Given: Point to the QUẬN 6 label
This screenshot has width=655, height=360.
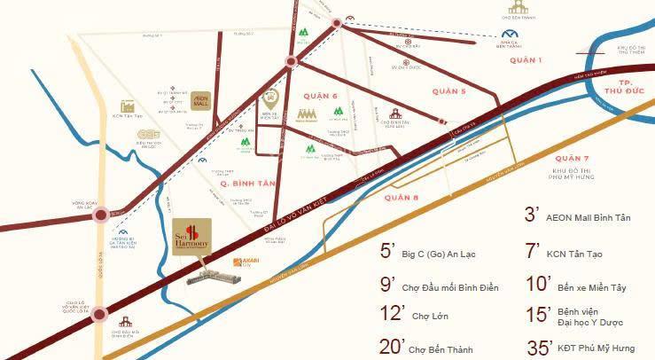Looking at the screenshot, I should pos(320,96).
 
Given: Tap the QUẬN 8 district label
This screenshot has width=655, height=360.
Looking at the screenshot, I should pos(402,197).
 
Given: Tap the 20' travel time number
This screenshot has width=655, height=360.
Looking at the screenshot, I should pos(387,345).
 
